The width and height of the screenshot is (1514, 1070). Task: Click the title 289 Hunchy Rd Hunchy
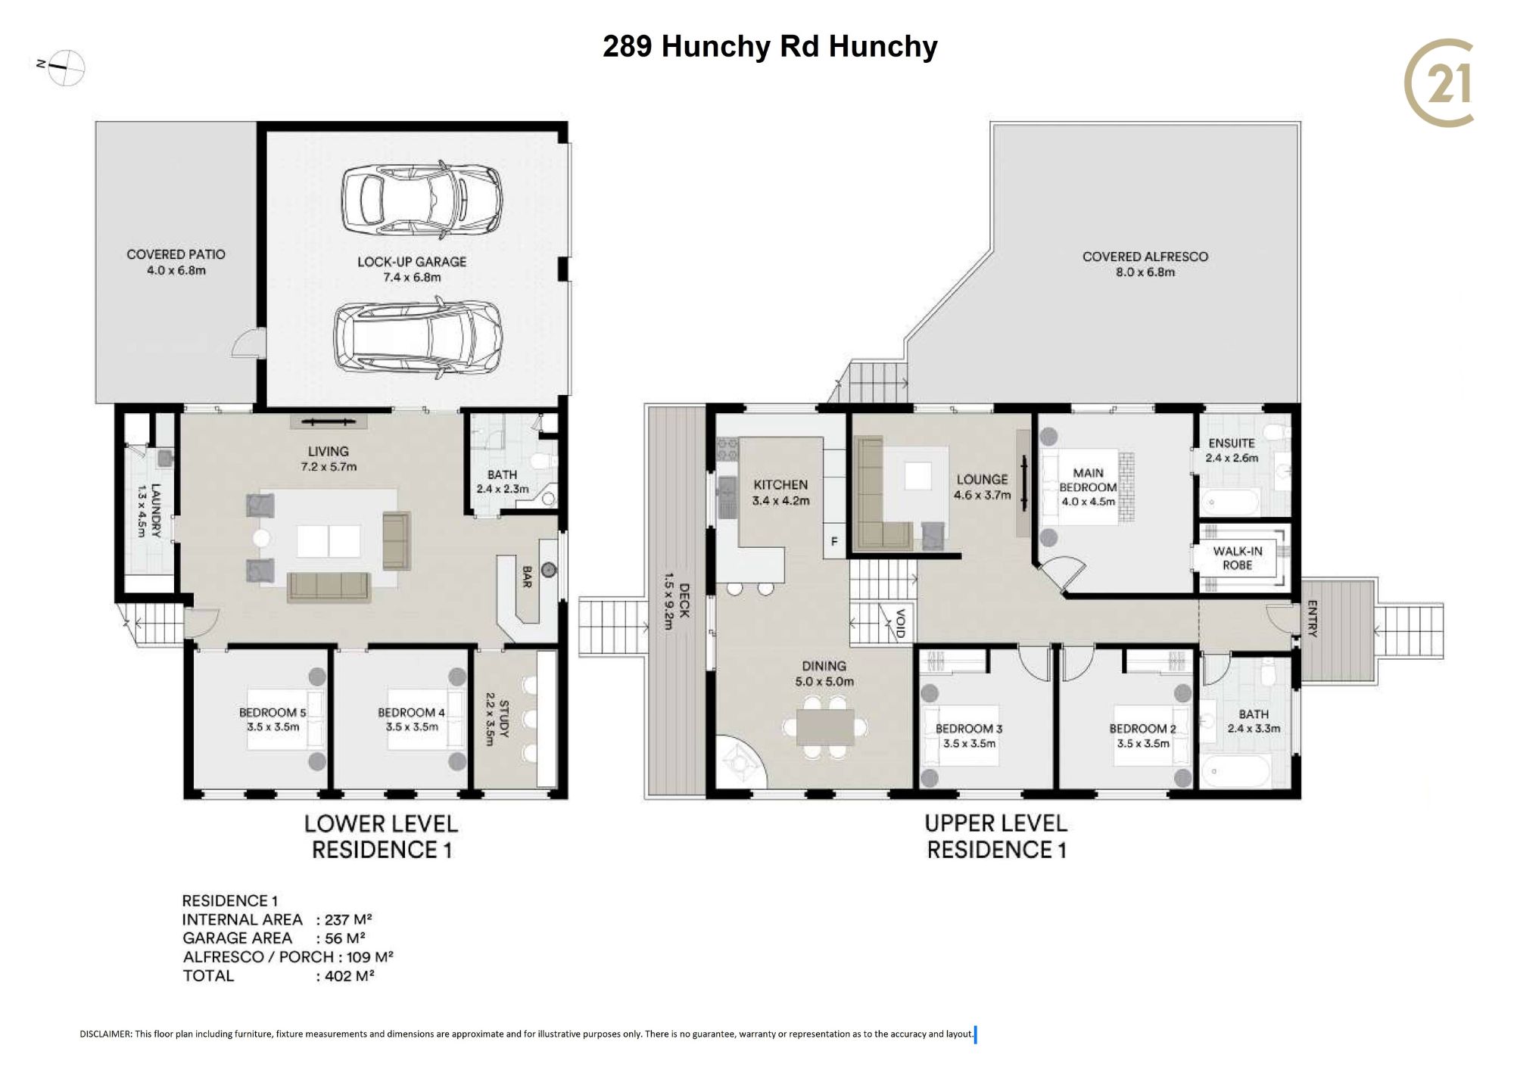pos(770,47)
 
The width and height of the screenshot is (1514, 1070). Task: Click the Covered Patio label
pos(176,262)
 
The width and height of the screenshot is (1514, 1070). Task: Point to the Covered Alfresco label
pos(1145,264)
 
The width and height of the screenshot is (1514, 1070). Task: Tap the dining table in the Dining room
pos(825,727)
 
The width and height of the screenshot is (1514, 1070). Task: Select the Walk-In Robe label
pos(1237,558)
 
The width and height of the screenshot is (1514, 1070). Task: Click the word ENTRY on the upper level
pos(1312,618)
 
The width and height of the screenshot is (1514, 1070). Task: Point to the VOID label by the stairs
pos(900,624)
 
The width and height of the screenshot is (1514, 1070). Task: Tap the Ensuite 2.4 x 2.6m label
pos(1232,450)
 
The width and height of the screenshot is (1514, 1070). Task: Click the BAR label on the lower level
pos(527,577)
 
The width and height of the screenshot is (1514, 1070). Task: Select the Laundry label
pos(148,510)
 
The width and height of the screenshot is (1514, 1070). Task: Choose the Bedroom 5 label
pos(273,720)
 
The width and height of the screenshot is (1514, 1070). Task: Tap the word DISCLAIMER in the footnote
pos(105,1034)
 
